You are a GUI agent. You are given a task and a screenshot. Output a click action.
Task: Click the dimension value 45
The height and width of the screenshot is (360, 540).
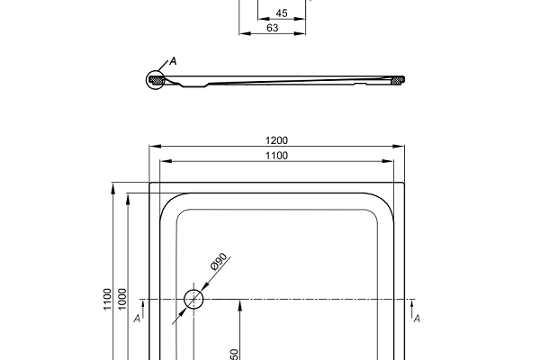point(282,13)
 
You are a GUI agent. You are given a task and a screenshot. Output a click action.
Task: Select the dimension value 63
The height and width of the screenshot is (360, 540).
point(272,28)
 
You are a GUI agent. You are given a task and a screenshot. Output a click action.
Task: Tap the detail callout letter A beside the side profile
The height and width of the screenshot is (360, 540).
point(172,60)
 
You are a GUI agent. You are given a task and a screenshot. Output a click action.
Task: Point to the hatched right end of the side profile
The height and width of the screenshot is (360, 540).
point(397,81)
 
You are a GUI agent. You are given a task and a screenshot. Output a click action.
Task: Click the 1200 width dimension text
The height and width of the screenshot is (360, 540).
point(276,139)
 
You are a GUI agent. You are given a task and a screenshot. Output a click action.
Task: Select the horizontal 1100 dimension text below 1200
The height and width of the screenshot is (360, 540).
point(276,156)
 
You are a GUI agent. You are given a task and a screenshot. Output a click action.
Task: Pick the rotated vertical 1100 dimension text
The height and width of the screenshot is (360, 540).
point(107,298)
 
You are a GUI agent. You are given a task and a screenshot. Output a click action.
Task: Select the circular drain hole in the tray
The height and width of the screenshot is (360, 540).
point(193,299)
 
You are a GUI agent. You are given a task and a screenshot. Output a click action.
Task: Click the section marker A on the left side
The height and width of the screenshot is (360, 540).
point(136,318)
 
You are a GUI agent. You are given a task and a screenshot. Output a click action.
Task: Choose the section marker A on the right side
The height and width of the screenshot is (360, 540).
point(417,318)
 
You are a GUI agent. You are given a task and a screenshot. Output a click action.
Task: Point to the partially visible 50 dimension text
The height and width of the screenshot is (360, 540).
point(234,355)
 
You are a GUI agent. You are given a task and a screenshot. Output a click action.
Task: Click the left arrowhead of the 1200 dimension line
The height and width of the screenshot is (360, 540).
point(153,146)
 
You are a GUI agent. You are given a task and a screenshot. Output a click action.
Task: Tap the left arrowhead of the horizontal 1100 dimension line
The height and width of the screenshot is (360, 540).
point(163,162)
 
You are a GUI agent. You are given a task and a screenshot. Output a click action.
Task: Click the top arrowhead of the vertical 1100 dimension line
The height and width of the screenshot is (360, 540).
point(113,187)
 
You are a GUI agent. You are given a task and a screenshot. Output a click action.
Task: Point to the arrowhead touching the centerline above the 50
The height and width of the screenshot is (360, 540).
point(239,303)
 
